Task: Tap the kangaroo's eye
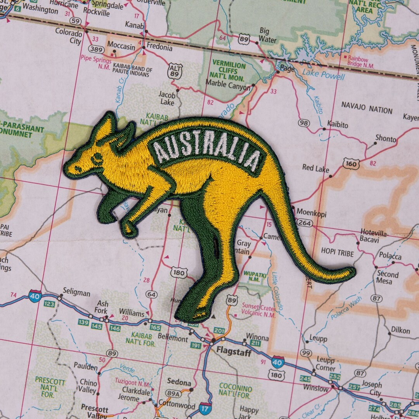click(97, 157)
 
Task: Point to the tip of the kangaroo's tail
click(351, 272)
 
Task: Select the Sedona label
click(179, 382)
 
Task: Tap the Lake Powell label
click(323, 75)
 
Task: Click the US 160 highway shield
click(351, 163)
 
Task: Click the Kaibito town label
click(338, 125)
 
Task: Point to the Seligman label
click(76, 293)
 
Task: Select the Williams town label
click(132, 312)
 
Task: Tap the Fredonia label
click(159, 48)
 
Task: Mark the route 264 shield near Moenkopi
click(305, 223)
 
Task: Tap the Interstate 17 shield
click(205, 408)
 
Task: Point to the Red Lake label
click(315, 169)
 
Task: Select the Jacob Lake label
click(166, 98)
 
